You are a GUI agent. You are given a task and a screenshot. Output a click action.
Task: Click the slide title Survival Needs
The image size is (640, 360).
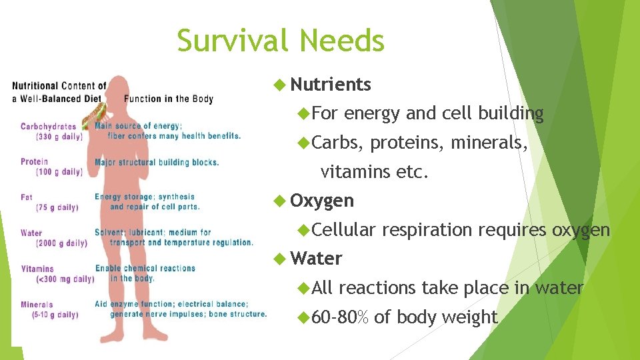pos(281,41)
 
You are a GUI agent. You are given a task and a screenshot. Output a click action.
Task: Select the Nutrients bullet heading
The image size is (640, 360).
pos(331,85)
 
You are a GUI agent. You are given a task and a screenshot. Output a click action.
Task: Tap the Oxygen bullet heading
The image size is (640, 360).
pos(322,201)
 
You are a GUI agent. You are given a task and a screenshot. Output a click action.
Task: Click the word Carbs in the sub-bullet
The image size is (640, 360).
pos(336,143)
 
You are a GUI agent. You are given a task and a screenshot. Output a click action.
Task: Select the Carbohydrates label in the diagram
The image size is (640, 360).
pos(48,127)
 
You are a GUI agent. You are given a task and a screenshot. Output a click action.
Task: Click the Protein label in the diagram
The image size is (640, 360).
pos(35,162)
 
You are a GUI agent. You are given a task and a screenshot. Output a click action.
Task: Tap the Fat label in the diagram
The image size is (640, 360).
pos(27,197)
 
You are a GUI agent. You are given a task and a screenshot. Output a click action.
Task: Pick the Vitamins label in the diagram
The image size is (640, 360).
pos(37,269)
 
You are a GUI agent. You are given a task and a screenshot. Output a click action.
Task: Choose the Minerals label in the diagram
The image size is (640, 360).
pos(37,305)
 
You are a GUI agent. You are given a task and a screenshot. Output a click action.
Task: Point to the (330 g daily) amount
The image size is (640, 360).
pos(59,136)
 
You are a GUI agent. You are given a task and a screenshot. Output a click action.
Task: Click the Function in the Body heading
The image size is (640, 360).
pos(169,99)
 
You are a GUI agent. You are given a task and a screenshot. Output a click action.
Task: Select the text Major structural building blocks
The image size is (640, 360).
pos(157,162)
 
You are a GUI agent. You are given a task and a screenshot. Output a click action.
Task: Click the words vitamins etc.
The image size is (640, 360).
pos(374,173)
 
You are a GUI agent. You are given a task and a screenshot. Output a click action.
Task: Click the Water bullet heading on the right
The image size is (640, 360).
pos(317,259)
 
